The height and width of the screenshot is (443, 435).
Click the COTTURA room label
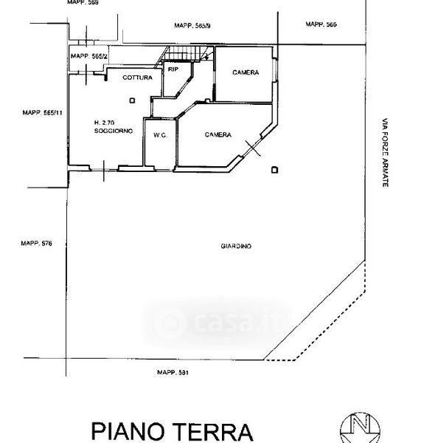coord(137,78)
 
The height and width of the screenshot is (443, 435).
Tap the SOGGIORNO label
coord(114,131)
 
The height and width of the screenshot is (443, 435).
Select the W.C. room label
coord(160,135)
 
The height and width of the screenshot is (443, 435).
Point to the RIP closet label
coord(173,69)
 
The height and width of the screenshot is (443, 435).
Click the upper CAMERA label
coord(246,72)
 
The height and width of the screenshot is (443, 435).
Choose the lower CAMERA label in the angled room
coord(218,135)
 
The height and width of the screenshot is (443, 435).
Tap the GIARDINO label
coord(236,246)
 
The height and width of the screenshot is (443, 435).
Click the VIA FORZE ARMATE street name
coord(385,153)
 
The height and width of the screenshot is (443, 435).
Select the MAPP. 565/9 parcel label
coord(192,26)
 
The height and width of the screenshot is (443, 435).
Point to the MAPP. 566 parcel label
coord(321,24)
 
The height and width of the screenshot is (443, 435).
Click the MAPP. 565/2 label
coord(89,56)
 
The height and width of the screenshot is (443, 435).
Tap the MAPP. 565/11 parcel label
coord(42,113)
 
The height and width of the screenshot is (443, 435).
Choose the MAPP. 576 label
coord(36,243)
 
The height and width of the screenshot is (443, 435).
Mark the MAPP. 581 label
coord(173,372)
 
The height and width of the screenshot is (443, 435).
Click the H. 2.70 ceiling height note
coord(104,123)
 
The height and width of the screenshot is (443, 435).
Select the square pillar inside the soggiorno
coord(132,100)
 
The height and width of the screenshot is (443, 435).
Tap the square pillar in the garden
coord(274,170)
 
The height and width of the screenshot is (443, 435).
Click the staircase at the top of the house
coord(187,54)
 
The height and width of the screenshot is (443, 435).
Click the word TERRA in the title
coord(212,432)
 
